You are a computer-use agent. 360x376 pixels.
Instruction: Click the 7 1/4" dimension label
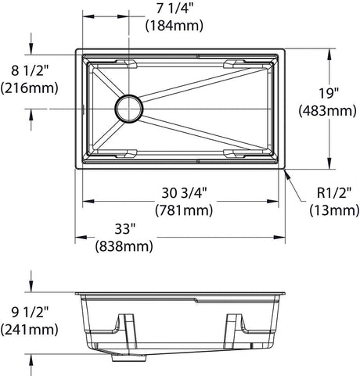coord(174,9)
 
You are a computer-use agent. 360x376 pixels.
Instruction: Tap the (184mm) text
coord(174,26)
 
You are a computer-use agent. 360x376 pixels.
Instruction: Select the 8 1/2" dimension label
coord(30,70)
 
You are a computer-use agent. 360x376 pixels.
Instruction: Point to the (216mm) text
coord(29,88)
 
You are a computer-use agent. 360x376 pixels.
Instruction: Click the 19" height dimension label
coord(328,94)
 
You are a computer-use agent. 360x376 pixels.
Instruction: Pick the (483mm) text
coord(327,111)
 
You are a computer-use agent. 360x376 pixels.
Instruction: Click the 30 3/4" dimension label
coord(184,193)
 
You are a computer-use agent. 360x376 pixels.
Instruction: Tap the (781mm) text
coord(184,210)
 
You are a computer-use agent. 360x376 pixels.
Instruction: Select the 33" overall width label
coord(124,229)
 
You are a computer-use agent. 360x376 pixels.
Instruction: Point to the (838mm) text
coord(124,246)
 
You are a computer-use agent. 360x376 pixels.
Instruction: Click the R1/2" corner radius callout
coord(334,193)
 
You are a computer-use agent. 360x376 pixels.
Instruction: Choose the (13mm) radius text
coord(334,210)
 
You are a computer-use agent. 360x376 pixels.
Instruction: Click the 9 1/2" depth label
coord(30,313)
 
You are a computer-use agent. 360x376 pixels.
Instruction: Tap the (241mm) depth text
coord(29,330)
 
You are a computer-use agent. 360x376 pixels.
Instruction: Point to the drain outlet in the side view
coord(128,358)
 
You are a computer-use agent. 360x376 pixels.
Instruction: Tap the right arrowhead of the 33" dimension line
coord(279,238)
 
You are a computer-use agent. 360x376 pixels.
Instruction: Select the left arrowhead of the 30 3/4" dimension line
coord(88,201)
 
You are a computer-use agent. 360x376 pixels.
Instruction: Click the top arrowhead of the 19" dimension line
coord(329,54)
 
